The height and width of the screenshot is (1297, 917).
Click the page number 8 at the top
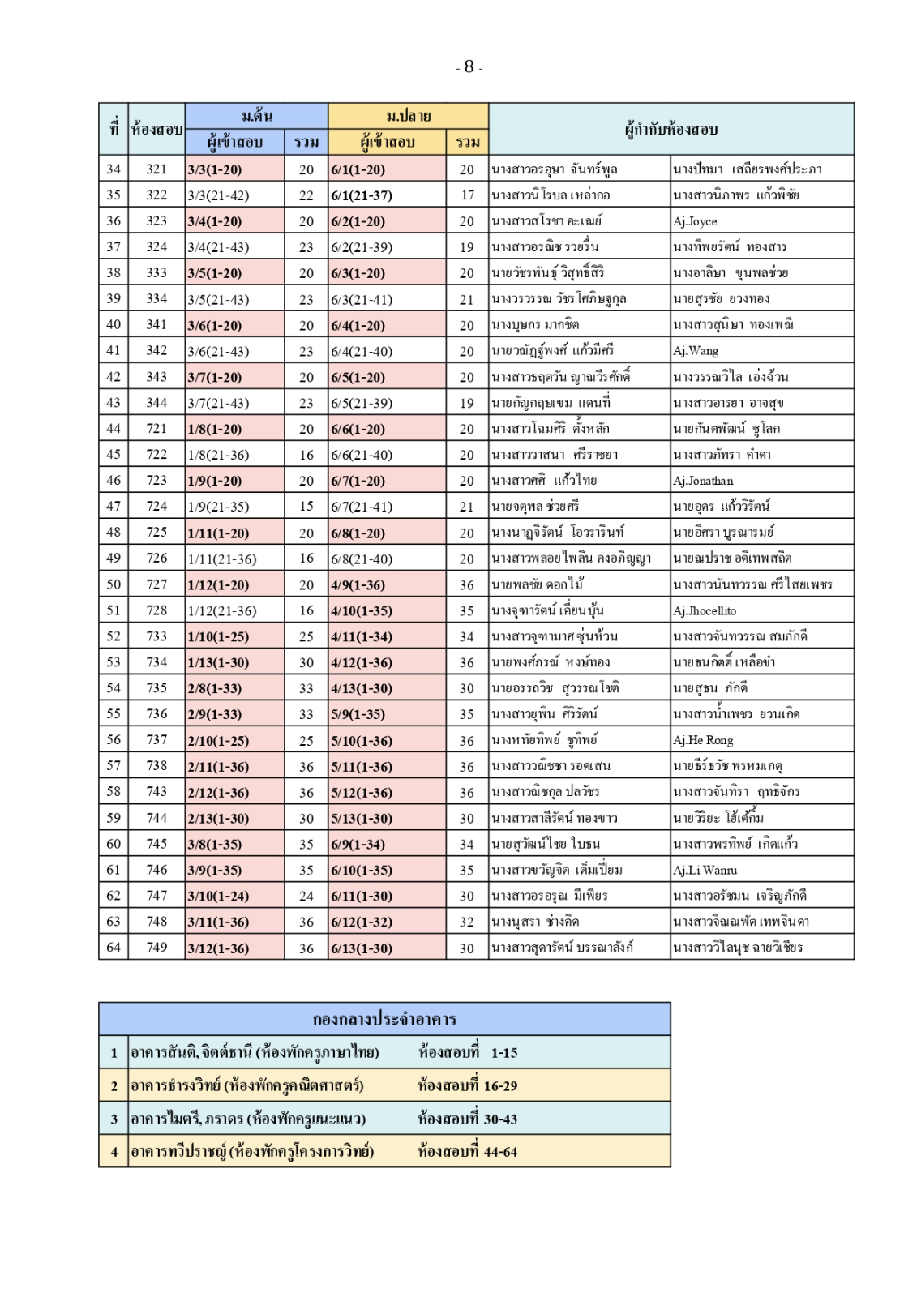click(x=469, y=67)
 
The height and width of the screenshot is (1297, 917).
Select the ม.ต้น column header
click(x=256, y=115)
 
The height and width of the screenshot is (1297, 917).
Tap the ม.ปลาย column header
click(x=408, y=115)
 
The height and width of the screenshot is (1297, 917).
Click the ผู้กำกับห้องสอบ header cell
click(x=671, y=129)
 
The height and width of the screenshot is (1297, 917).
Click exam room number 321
click(x=156, y=169)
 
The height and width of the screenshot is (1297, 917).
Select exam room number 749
click(x=156, y=948)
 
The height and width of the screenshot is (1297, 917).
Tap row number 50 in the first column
click(x=114, y=584)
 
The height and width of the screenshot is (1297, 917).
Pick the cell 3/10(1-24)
click(x=219, y=896)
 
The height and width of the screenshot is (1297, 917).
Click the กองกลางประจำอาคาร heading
click(x=384, y=1019)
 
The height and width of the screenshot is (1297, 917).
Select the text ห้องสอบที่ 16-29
click(x=467, y=1085)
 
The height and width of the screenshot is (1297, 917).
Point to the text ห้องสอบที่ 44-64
click(x=467, y=1151)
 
